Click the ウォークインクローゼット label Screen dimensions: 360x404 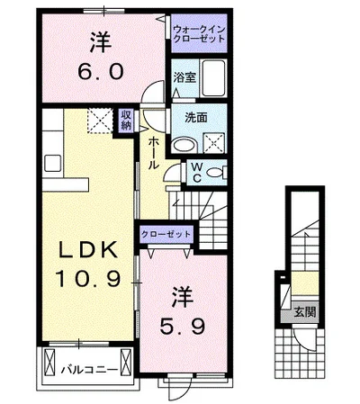click(199, 34)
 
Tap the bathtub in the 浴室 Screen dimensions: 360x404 click(213, 78)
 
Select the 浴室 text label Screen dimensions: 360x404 click(184, 77)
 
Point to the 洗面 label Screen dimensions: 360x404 click(196, 118)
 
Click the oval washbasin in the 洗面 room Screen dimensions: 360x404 click(184, 146)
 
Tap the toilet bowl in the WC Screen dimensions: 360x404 click(215, 173)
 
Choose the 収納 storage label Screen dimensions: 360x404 click(126, 120)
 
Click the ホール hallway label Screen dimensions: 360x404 click(154, 152)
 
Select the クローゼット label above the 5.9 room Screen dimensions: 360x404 click(166, 234)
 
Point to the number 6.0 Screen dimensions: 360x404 click(100, 72)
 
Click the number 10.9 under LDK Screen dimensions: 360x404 click(88, 278)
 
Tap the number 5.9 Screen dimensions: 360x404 click(183, 327)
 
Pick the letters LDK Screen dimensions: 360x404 click(88, 250)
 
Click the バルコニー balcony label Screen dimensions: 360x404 click(89, 370)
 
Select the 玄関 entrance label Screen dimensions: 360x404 click(305, 312)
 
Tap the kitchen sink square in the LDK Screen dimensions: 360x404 click(53, 164)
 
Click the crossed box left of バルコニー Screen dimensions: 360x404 click(49, 363)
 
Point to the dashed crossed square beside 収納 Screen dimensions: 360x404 click(100, 121)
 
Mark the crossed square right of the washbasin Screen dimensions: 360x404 click(214, 144)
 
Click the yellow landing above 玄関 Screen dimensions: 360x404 click(305, 283)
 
